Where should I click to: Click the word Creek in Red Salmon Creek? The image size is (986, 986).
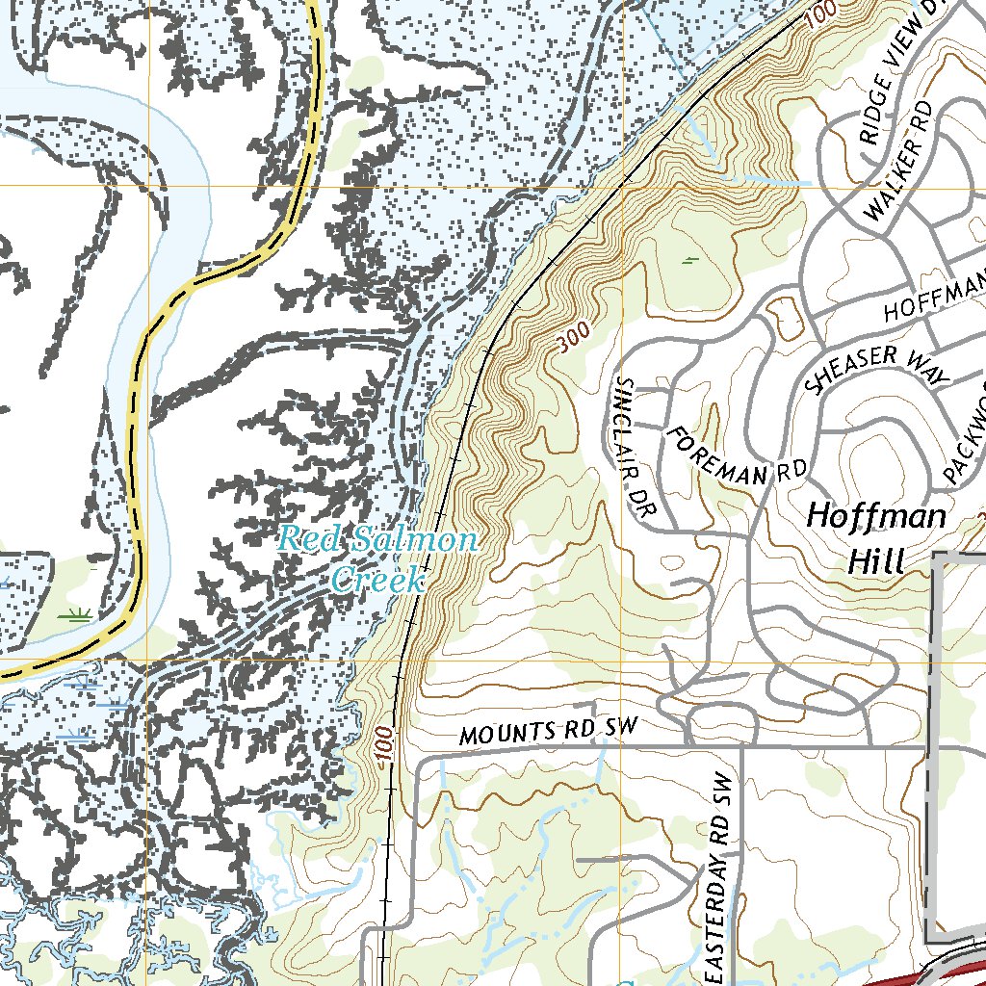tap(376, 580)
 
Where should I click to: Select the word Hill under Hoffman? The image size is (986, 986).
tap(876, 561)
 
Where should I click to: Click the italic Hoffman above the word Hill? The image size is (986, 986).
tap(876, 516)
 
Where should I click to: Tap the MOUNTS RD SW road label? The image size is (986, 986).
tap(548, 732)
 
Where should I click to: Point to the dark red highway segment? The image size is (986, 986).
tap(924, 974)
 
